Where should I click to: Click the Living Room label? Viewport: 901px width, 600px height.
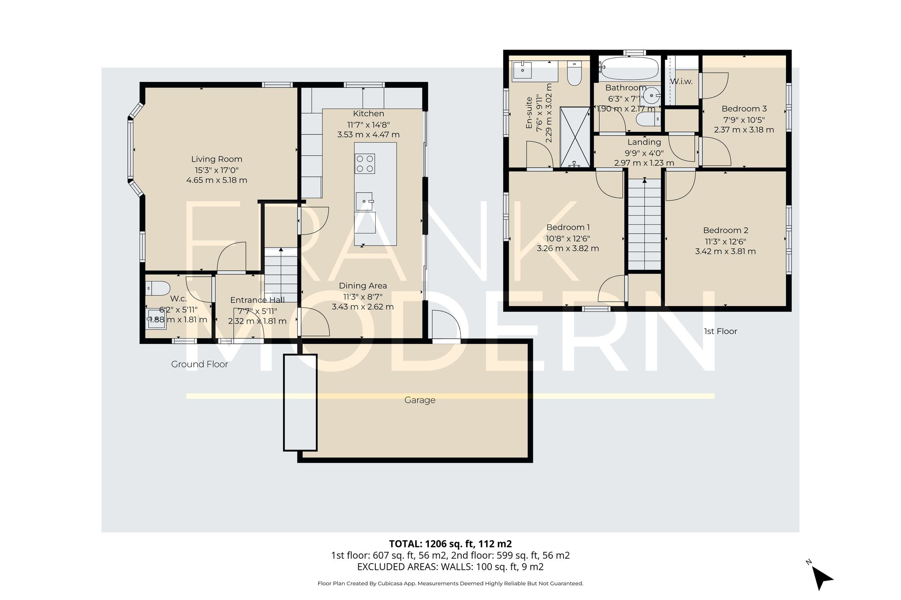point(217,159)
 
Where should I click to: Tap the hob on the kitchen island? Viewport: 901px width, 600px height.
point(365,163)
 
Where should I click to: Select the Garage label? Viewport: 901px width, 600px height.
point(419,400)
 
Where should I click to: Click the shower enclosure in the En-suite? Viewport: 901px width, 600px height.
point(575,137)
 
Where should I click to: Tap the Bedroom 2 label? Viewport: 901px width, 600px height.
point(725,230)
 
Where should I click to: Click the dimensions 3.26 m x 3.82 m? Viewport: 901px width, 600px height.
point(568,248)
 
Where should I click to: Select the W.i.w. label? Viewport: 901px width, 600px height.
point(681,82)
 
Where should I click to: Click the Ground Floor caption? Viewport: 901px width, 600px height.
point(200,364)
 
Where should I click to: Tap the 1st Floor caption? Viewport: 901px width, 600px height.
point(720,331)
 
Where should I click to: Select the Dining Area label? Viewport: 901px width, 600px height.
point(363,286)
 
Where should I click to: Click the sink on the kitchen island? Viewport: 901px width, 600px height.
point(364,201)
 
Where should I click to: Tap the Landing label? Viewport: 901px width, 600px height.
point(644,142)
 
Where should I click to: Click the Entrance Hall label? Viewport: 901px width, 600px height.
point(257,300)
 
